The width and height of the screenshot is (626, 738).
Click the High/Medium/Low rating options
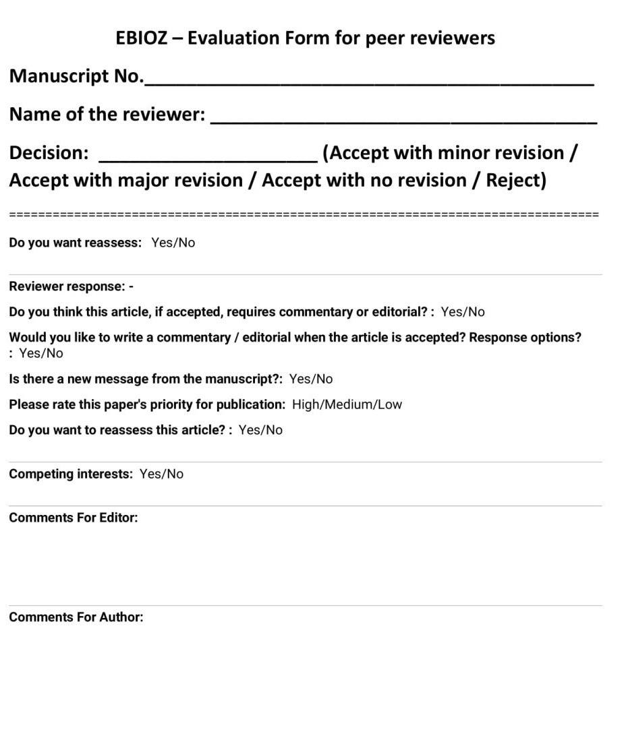tap(347, 404)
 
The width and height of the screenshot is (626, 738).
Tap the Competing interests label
tap(71, 474)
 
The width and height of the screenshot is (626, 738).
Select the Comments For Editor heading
tap(73, 518)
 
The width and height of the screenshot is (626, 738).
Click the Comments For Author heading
tap(76, 617)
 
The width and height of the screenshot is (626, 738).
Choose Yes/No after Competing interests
tap(161, 474)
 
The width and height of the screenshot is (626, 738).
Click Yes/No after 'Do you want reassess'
tap(173, 243)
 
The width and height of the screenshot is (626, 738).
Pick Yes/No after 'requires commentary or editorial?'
tap(463, 311)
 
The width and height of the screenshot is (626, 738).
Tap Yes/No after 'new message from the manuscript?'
tap(311, 379)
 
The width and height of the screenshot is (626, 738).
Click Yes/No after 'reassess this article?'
tap(260, 430)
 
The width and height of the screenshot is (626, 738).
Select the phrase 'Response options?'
tap(525, 337)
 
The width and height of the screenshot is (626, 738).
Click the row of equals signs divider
tap(304, 214)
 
